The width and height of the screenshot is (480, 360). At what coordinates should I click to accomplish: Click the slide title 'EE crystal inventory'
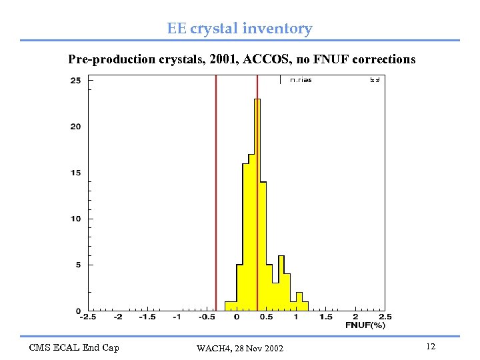[x=239, y=29]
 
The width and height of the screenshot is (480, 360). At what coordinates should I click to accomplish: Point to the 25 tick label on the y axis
[x=75, y=81]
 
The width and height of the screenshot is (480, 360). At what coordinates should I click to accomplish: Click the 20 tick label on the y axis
[x=75, y=127]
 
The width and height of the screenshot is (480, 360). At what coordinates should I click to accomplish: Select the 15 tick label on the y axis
[x=75, y=173]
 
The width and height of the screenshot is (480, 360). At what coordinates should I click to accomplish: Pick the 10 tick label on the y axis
[x=75, y=219]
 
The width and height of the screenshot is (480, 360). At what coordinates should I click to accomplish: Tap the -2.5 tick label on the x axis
[x=88, y=317]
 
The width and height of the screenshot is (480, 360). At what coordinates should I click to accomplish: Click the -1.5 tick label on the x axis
[x=147, y=317]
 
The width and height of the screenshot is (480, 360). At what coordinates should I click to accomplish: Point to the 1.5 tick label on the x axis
[x=325, y=317]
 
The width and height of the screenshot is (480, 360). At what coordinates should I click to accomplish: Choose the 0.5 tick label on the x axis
[x=266, y=317]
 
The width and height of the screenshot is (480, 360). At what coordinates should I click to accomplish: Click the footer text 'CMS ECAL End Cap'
[x=74, y=347]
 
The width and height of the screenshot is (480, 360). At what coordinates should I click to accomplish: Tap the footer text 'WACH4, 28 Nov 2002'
[x=240, y=349]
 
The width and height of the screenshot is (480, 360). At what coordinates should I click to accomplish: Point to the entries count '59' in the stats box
[x=375, y=80]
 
